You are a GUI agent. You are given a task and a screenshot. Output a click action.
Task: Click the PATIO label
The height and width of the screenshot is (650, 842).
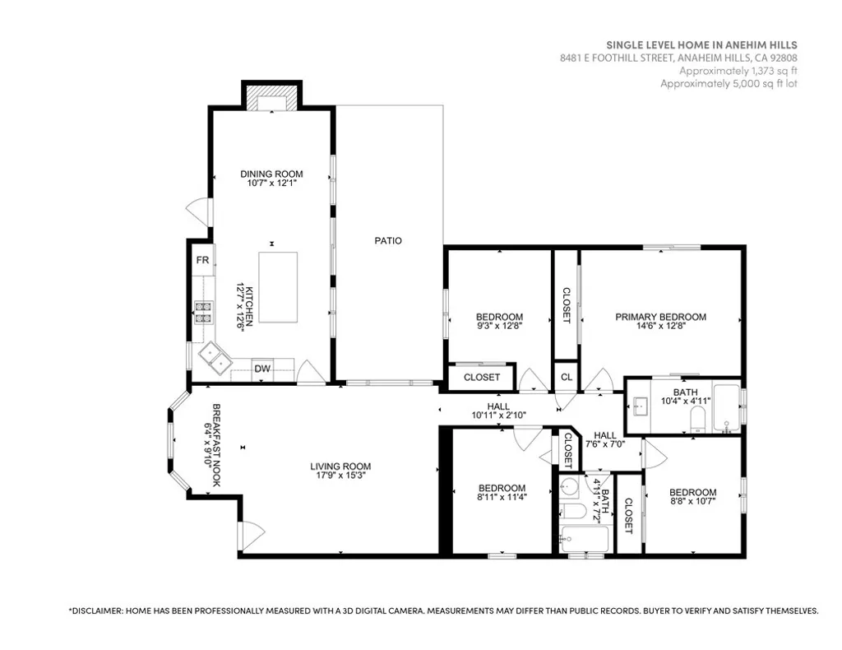tap(388, 241)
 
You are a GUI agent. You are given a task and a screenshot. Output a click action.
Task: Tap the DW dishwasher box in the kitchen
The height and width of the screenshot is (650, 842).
tap(261, 369)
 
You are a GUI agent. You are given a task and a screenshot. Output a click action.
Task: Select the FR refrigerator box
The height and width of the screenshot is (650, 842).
tap(201, 261)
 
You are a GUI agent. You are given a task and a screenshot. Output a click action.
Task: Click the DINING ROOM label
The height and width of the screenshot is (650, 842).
tap(271, 174)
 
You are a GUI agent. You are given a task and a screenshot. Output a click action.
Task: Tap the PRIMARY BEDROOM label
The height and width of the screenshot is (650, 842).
tap(660, 317)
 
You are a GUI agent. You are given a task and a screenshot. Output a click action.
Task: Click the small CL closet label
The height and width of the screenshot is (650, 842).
tap(566, 377)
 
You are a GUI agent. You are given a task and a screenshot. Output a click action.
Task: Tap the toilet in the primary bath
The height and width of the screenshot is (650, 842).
tap(696, 423)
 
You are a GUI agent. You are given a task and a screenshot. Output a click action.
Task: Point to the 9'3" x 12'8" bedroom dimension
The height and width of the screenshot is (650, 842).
tap(499, 326)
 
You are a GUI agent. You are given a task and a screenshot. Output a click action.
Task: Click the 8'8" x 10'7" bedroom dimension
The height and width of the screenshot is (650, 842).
tap(692, 501)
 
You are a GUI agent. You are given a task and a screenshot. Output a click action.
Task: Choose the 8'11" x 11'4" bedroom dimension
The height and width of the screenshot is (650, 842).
tap(502, 497)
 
